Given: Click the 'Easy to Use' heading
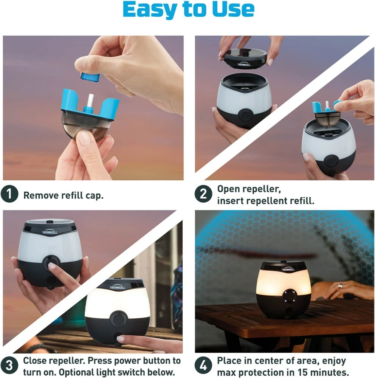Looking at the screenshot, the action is pyautogui.click(x=188, y=9).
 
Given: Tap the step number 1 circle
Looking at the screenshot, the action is pyautogui.click(x=9, y=194).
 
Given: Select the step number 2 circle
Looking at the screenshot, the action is pyautogui.click(x=203, y=194).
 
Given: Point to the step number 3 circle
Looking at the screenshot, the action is pyautogui.click(x=9, y=366).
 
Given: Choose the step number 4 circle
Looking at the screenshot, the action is pyautogui.click(x=203, y=366).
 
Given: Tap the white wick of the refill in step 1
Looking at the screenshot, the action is pyautogui.click(x=91, y=100).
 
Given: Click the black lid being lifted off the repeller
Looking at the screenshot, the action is pyautogui.click(x=245, y=58).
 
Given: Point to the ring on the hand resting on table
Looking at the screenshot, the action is pyautogui.click(x=340, y=286).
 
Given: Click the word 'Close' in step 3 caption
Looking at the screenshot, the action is pyautogui.click(x=36, y=361).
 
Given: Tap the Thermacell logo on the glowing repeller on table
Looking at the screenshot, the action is pyautogui.click(x=288, y=269).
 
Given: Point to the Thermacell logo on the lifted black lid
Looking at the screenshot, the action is pyautogui.click(x=244, y=64).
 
